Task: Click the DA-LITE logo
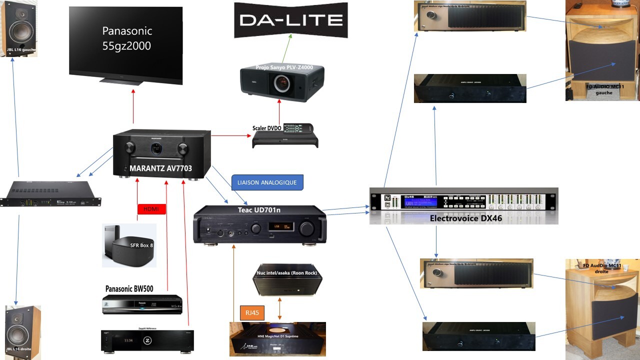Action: coord(290,20)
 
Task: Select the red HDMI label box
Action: coord(151,209)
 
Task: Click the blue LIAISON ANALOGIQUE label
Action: coord(267,182)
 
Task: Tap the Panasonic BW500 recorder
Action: coord(142,304)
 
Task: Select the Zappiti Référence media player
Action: coord(147,341)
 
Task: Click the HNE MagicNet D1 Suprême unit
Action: coord(277,339)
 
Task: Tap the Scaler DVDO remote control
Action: coord(297,128)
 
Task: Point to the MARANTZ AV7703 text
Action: coord(160,168)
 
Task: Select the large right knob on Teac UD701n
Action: coord(307,228)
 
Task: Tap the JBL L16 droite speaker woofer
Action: coord(21,331)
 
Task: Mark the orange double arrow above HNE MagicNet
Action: coord(279,308)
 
